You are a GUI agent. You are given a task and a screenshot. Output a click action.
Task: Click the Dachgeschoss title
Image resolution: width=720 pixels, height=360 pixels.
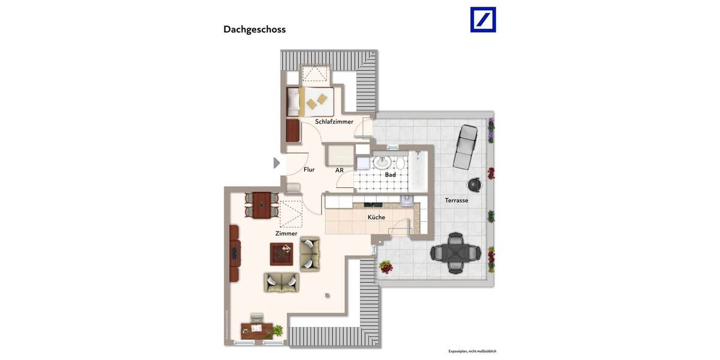tap(254, 29)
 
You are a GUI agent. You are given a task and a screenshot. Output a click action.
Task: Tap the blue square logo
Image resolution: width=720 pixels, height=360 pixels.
tap(482, 19)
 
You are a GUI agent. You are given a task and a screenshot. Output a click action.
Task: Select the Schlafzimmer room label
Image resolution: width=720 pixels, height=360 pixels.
tap(334, 122)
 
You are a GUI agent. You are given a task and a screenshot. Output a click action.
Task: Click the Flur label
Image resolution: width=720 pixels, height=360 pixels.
tap(309, 170)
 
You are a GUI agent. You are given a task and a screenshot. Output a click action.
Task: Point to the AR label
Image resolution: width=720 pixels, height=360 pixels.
tap(340, 170)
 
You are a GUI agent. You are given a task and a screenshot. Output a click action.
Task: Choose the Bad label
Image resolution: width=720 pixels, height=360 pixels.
tap(390, 175)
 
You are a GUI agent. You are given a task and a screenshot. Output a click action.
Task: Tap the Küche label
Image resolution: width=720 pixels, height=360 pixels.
tap(376, 217)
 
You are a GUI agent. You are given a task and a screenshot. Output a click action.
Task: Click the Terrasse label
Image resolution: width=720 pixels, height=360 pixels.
tap(456, 200)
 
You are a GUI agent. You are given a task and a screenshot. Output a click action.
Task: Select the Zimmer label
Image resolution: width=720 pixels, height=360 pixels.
tap(286, 233)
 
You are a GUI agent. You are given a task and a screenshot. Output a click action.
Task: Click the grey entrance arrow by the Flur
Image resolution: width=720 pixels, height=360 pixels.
tap(277, 163)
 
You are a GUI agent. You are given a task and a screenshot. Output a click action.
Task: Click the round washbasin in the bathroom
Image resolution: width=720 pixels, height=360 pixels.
tap(382, 163)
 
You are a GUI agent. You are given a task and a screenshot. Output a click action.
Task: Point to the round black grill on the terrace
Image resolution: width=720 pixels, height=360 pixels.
tap(475, 184)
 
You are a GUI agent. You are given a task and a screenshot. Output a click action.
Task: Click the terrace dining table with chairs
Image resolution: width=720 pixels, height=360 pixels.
tap(455, 254)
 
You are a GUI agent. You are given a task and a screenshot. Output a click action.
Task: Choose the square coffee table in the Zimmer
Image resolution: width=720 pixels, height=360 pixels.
tap(281, 254)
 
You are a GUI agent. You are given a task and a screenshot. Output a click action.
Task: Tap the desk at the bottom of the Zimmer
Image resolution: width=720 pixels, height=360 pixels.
tap(257, 329)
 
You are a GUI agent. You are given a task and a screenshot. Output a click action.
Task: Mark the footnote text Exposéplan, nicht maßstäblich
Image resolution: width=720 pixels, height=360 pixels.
tap(472, 351)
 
